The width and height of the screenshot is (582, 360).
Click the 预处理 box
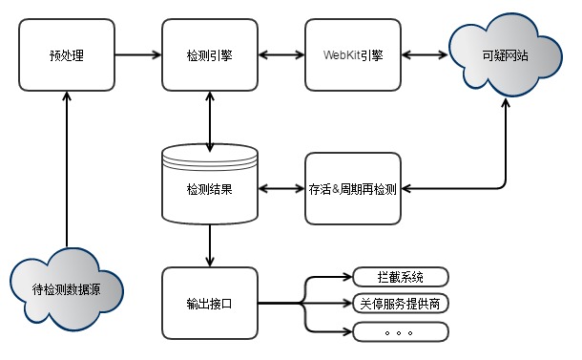coord(67,55)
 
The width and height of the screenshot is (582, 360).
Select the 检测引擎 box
coord(210,55)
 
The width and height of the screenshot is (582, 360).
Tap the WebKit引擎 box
coord(353,55)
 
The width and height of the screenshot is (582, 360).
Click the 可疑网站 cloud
coord(505,55)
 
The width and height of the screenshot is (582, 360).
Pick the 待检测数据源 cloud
coord(67,289)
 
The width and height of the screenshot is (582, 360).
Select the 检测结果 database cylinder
coord(210,184)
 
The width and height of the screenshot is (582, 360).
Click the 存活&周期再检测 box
coord(353,189)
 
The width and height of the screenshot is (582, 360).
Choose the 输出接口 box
coord(210,303)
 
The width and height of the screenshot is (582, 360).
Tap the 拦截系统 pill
coord(401,277)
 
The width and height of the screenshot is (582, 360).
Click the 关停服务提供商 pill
coord(401,304)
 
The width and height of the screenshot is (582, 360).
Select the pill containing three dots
coord(401,331)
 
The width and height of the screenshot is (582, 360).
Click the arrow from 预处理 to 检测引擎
coord(138,55)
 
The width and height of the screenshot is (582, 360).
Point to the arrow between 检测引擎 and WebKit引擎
coord(281,55)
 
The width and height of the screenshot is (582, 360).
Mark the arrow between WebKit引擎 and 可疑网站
coord(425,55)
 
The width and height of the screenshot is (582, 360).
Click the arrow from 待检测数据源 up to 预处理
coord(67,169)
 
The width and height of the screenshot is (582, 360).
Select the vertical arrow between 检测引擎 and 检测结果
coord(210,122)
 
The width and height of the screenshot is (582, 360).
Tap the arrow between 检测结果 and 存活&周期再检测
coord(281,189)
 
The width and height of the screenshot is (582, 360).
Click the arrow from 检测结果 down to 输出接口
coord(210,245)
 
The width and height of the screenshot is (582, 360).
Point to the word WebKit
coord(342,55)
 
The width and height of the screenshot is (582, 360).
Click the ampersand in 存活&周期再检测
coord(336,189)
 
